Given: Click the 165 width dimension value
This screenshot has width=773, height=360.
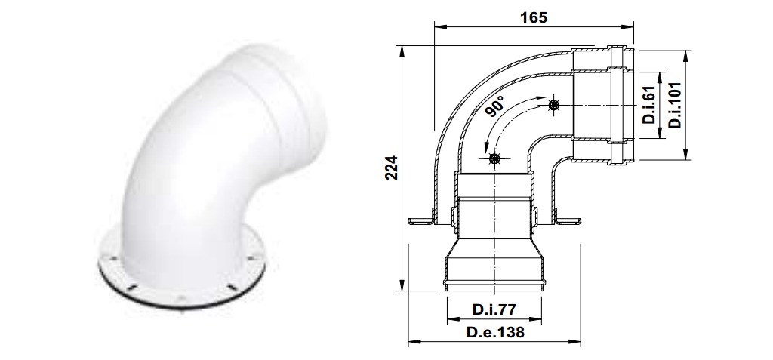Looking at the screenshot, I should [533, 16].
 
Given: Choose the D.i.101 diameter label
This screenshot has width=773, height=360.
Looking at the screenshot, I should [673, 105].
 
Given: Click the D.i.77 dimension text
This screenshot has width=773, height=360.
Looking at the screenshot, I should [494, 309].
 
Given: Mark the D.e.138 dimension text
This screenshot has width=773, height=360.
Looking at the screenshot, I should [494, 331].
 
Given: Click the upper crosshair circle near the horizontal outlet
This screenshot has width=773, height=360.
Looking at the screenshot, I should [554, 106].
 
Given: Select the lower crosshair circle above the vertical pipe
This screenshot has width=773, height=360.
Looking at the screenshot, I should [494, 158].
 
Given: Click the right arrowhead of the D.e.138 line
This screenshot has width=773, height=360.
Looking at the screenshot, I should [577, 343].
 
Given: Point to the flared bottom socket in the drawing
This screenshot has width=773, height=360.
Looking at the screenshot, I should [494, 268].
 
